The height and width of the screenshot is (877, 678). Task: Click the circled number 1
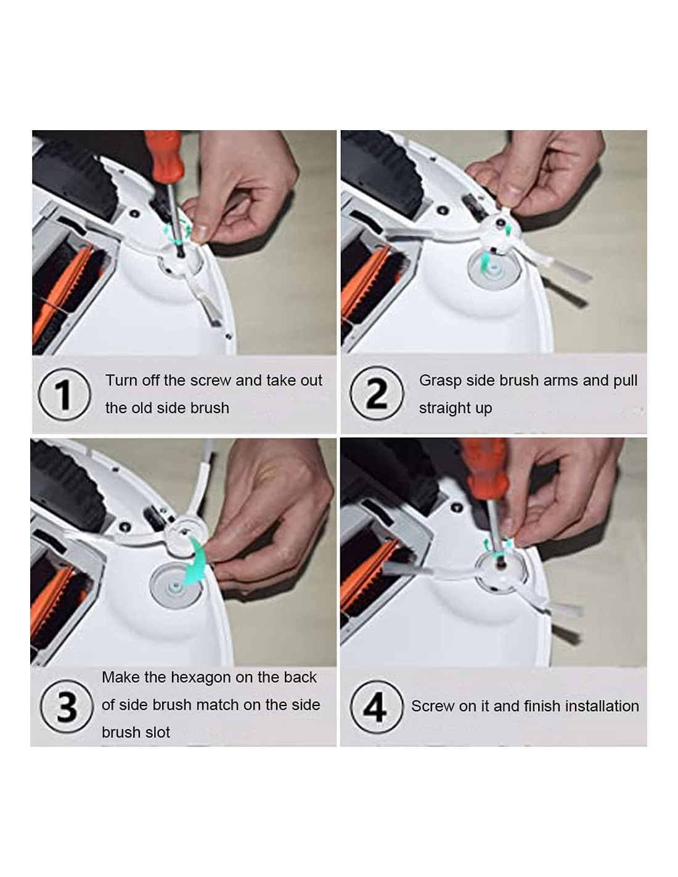(x=64, y=394)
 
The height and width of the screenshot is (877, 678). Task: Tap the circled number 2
(x=377, y=393)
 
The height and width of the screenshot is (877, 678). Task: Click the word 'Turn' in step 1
(x=119, y=380)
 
